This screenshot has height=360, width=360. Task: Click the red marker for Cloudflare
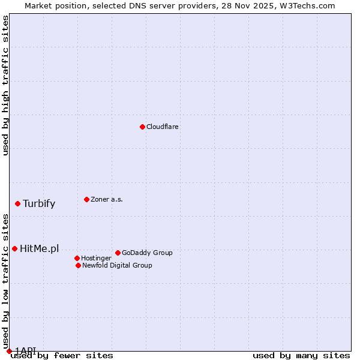click(x=142, y=127)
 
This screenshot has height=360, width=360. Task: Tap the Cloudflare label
click(x=163, y=127)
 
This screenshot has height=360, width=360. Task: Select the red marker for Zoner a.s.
click(x=86, y=199)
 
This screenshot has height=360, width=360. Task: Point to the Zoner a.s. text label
click(x=107, y=199)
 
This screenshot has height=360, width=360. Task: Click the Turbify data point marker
click(x=17, y=203)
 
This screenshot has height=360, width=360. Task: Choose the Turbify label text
click(x=39, y=203)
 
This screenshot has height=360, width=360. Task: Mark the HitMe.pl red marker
click(x=14, y=248)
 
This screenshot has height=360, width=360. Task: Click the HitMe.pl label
click(x=40, y=249)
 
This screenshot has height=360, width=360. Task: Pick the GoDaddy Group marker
click(x=118, y=253)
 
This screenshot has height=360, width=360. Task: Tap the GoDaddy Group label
click(x=147, y=253)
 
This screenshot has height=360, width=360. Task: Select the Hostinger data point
click(x=77, y=258)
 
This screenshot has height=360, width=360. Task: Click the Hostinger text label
click(x=96, y=258)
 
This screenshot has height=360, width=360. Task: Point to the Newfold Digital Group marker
click(x=78, y=265)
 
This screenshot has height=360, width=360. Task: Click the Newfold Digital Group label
click(x=117, y=265)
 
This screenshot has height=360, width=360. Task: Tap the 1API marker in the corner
click(x=9, y=351)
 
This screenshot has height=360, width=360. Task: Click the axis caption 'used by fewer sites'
click(x=62, y=356)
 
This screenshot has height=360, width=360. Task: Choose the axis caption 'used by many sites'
click(x=301, y=356)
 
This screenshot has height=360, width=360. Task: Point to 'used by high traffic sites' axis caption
click(x=5, y=86)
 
